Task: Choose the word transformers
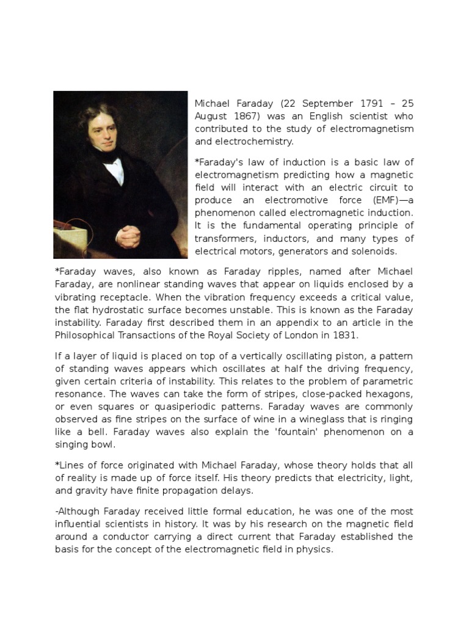point(224,238)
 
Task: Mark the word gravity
point(93,491)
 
